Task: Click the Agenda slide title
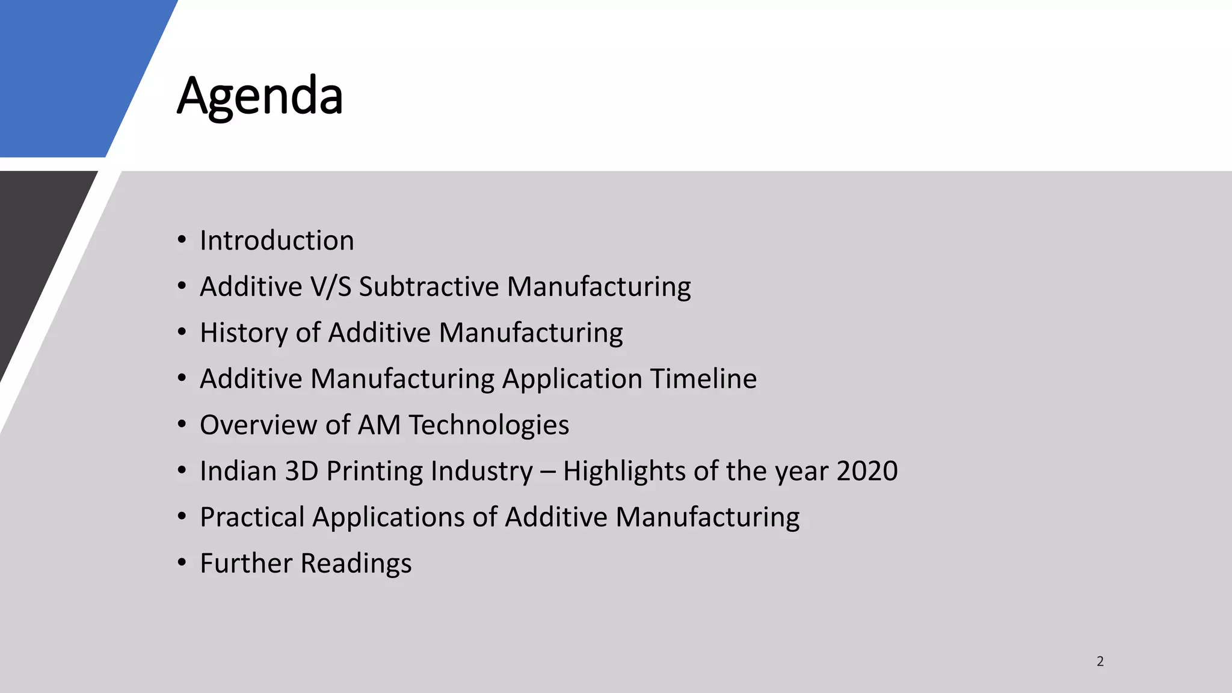pyautogui.click(x=260, y=96)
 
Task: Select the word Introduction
pyautogui.click(x=277, y=241)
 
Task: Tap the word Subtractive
pyautogui.click(x=429, y=286)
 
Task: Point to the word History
pyautogui.click(x=244, y=333)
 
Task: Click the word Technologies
pyautogui.click(x=489, y=425)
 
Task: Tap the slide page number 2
pyautogui.click(x=1100, y=661)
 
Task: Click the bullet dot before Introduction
pyautogui.click(x=182, y=240)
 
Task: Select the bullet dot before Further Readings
pyautogui.click(x=182, y=563)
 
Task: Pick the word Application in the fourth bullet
pyautogui.click(x=572, y=379)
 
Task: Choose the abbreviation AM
pyautogui.click(x=379, y=425)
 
